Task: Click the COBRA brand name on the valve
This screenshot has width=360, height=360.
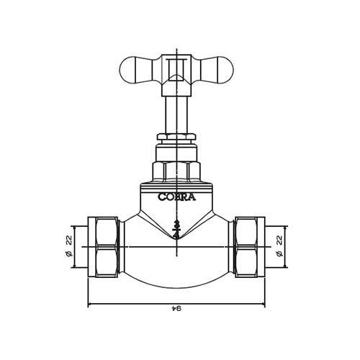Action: coord(176,195)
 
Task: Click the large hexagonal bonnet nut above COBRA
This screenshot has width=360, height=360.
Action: coord(176,171)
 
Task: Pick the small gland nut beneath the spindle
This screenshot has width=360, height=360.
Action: coord(176,138)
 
